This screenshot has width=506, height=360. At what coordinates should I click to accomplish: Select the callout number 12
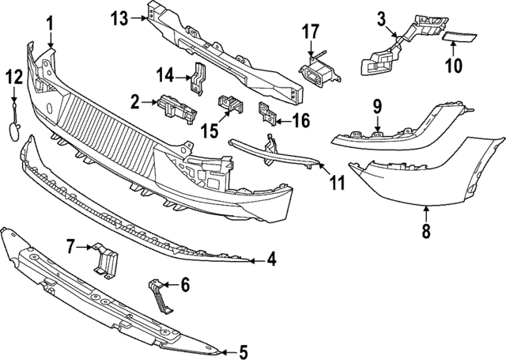click(x=14, y=77)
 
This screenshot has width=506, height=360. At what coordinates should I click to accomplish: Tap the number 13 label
click(x=119, y=17)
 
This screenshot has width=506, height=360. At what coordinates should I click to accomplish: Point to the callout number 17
click(x=311, y=32)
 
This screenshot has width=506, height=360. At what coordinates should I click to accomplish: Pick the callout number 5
click(x=244, y=352)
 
